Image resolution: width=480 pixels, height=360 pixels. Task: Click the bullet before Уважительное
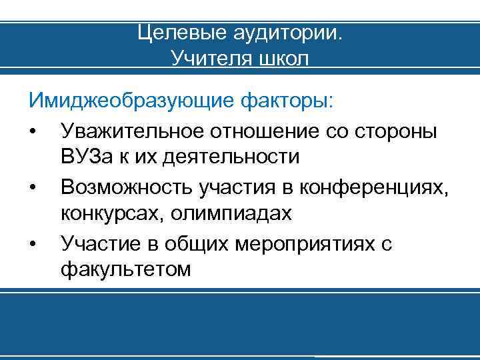pos(33,131)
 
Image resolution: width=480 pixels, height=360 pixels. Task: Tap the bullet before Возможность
pos(33,188)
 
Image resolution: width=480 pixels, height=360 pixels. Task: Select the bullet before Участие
pos(33,245)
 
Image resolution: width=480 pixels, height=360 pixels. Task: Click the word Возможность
pos(126,188)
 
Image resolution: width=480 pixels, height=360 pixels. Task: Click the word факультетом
pos(125,270)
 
